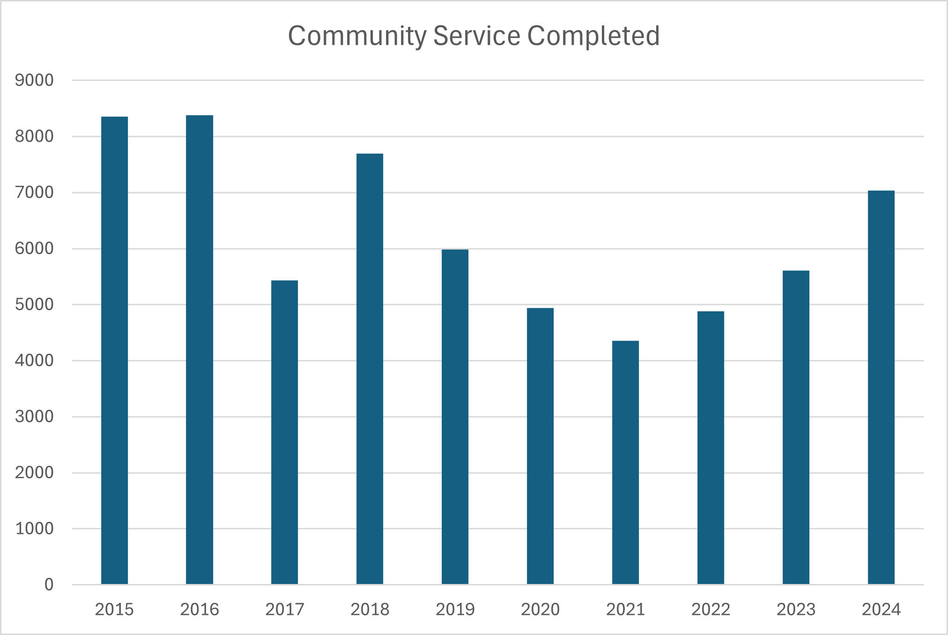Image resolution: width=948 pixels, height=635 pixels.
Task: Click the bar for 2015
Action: [x=114, y=351]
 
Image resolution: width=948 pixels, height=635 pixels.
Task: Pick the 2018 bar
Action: [x=370, y=369]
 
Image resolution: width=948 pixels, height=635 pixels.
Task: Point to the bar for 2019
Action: [x=455, y=417]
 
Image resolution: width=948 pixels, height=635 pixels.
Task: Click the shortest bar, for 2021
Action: [x=625, y=463]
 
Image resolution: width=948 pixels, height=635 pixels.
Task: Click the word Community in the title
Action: [x=357, y=36]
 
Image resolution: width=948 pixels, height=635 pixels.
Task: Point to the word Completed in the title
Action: [x=593, y=36]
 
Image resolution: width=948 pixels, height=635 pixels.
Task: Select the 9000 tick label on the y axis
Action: [x=34, y=80]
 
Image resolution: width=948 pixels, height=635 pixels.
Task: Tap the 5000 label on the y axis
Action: [x=34, y=305]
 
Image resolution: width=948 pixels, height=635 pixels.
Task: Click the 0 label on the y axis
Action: [x=49, y=584]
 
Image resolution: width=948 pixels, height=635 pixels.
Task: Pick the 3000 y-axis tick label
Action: [x=34, y=416]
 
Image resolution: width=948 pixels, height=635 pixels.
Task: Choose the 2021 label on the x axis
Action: [x=625, y=609]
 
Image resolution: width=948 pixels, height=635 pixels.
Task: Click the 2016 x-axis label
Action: [x=200, y=609]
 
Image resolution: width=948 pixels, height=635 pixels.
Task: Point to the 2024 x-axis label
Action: [x=881, y=609]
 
